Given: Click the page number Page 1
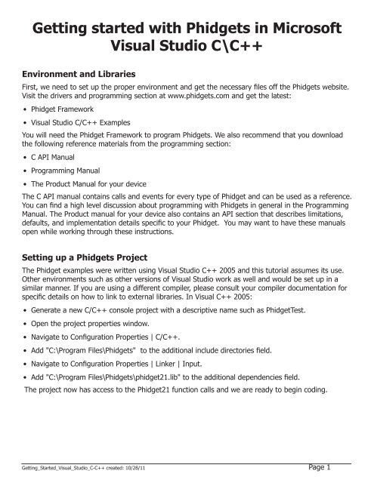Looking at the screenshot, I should click(348, 469).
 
